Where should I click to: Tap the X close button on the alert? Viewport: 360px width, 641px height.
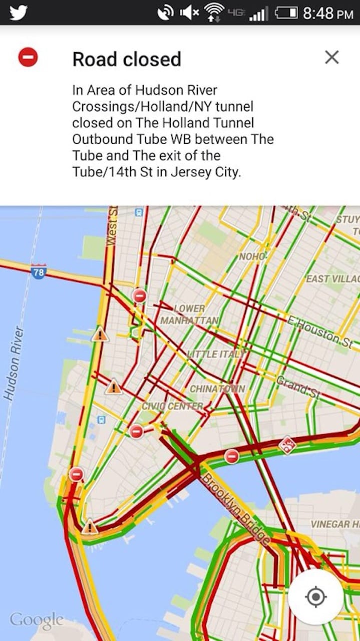(331, 58)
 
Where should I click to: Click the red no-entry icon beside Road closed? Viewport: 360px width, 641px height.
(28, 57)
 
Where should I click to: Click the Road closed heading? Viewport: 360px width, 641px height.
(127, 59)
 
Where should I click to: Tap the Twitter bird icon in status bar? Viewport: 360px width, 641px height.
(18, 12)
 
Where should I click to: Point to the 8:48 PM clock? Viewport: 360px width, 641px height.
(328, 13)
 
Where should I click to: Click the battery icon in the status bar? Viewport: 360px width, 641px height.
(286, 13)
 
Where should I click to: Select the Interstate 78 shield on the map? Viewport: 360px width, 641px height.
(39, 272)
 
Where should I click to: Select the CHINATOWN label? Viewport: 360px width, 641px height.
(217, 389)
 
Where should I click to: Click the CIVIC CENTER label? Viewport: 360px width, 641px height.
(173, 406)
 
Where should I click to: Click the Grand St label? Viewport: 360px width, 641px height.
(298, 387)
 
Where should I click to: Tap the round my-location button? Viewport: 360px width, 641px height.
(315, 597)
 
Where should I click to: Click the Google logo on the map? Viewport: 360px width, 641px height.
(37, 620)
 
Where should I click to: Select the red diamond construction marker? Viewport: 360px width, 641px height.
(287, 445)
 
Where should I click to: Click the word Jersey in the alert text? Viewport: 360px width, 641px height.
(188, 172)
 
